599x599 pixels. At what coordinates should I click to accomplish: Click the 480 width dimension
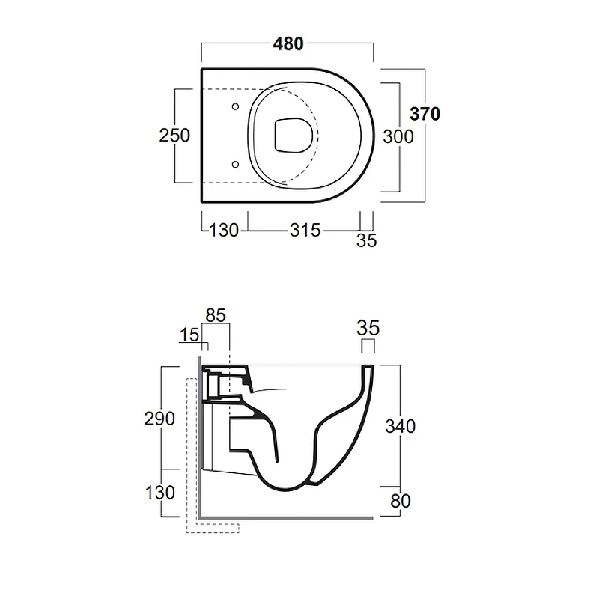(288, 44)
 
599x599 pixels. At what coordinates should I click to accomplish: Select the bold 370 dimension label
(425, 114)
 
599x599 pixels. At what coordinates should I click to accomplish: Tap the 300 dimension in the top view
(398, 137)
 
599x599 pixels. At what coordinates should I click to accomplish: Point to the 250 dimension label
(174, 136)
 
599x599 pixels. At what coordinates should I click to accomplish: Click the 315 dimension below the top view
(305, 231)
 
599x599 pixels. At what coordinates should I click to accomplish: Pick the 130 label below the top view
(224, 231)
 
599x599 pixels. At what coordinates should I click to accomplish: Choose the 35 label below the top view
(367, 240)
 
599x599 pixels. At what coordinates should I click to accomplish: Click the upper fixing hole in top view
(235, 106)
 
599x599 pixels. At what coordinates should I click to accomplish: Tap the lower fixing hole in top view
(235, 165)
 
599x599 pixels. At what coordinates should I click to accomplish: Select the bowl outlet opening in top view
(294, 136)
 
